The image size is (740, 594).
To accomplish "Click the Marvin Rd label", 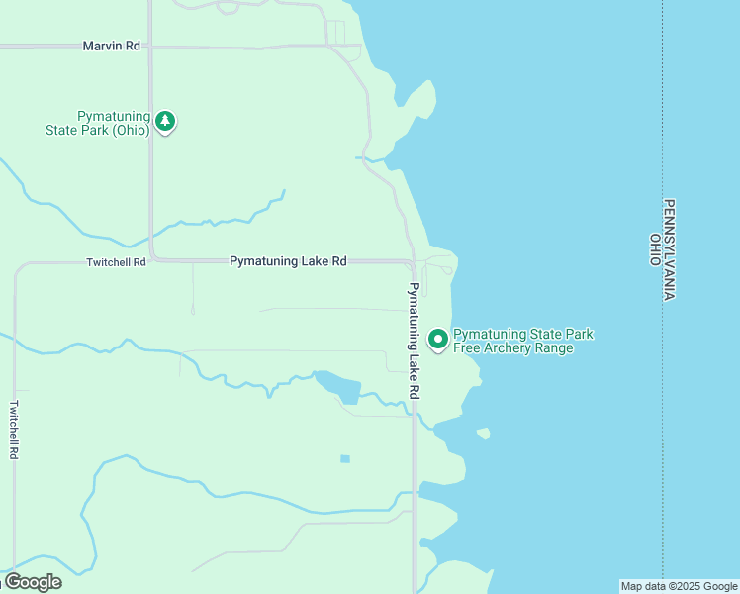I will tap(112, 46).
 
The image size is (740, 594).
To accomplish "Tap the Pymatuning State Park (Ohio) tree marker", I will tap(166, 122).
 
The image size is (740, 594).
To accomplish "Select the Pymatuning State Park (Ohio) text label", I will tap(98, 123).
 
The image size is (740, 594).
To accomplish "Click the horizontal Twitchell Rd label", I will tap(116, 262).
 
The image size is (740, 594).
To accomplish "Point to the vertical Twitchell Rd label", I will tap(14, 429).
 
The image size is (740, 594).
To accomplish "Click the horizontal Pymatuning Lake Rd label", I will tap(288, 261).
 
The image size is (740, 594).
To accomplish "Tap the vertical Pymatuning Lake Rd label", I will tap(414, 342).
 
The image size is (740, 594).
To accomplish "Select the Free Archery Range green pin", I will tap(438, 339).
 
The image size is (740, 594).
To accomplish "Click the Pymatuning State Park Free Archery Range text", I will tap(522, 341).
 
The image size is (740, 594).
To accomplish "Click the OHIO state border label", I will tap(655, 249).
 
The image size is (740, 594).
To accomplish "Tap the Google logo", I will tap(33, 581).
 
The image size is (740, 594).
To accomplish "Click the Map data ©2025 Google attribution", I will tap(679, 586).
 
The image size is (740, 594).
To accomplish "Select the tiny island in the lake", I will tap(483, 433).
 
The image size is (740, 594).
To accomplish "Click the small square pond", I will tap(344, 458).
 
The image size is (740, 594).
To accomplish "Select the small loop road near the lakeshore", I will tap(441, 267).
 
